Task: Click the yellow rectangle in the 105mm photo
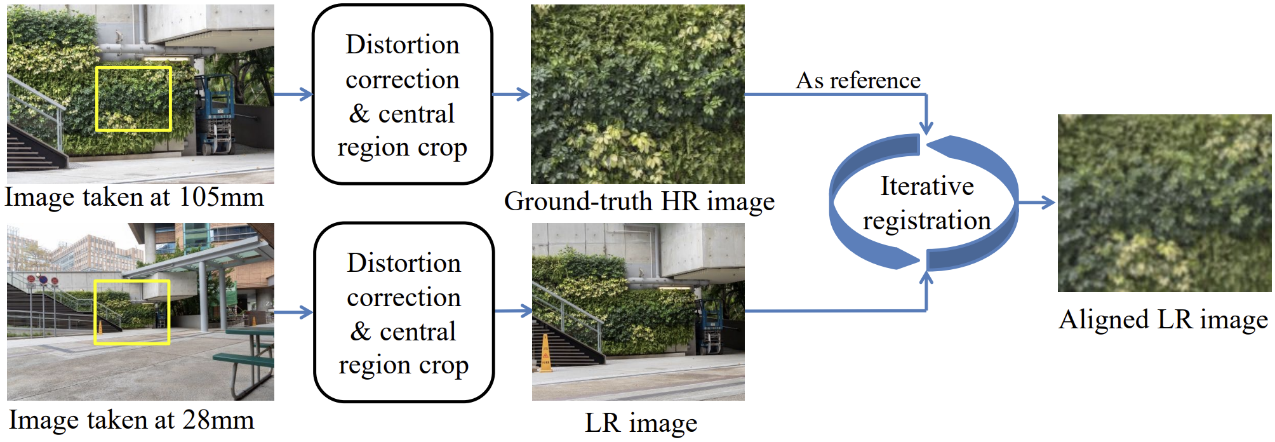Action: click(133, 68)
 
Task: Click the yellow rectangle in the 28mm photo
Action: click(132, 281)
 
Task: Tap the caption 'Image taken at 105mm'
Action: click(134, 198)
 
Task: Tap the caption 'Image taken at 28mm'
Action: click(131, 420)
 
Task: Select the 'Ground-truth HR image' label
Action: click(639, 202)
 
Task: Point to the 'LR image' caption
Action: click(641, 423)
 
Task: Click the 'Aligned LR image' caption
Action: click(1163, 319)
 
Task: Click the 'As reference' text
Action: click(858, 81)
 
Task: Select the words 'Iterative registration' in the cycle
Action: click(926, 203)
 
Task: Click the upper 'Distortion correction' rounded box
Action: click(403, 95)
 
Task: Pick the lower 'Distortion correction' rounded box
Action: click(404, 312)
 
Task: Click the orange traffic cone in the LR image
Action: click(545, 354)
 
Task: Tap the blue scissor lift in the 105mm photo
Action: click(217, 114)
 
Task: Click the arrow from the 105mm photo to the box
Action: click(293, 95)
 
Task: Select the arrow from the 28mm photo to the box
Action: click(293, 312)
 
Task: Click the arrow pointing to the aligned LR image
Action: click(1037, 203)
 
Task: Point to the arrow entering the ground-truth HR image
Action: click(511, 95)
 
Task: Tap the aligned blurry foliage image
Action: click(1165, 203)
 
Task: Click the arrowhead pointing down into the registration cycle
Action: click(926, 126)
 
